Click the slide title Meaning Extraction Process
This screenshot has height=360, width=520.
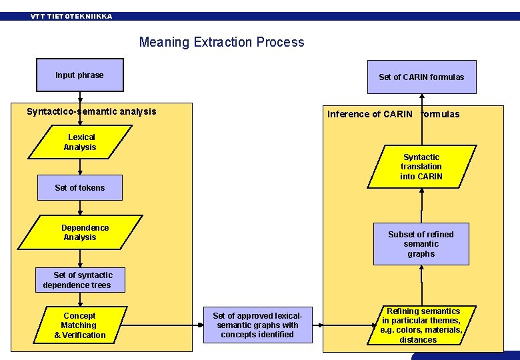(221, 42)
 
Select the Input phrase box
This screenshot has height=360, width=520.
(80, 75)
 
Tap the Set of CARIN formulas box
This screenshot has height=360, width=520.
(421, 77)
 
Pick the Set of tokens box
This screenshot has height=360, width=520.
(80, 188)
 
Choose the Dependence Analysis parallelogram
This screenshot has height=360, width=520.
(81, 233)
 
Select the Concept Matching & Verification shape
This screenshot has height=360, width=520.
(80, 325)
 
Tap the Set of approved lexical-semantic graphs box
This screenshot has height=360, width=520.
(257, 325)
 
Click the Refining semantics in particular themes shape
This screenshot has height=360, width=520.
(421, 325)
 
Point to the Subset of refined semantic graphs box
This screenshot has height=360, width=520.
(421, 244)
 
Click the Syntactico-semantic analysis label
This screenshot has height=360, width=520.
(91, 111)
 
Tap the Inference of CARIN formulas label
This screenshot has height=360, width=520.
(393, 114)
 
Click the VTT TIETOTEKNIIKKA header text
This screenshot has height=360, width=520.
(71, 16)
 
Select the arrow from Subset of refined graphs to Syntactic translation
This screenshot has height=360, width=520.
(421, 205)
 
